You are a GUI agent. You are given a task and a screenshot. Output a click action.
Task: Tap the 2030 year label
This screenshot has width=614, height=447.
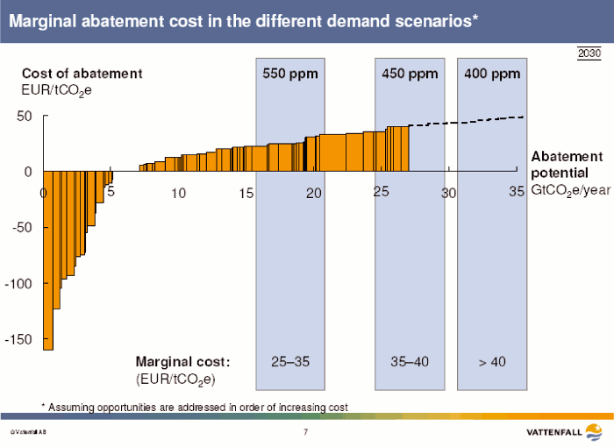tap(589, 54)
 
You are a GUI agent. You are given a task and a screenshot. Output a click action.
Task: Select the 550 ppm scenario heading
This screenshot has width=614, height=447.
tap(290, 74)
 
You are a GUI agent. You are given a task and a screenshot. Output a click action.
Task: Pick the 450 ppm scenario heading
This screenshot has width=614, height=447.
tap(410, 74)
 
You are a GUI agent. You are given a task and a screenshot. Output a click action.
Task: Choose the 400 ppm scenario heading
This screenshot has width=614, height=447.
tap(492, 74)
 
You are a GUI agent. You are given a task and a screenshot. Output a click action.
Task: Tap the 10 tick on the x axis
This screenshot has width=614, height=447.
tap(178, 193)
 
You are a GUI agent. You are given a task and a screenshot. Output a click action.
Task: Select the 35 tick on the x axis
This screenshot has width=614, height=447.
tap(517, 191)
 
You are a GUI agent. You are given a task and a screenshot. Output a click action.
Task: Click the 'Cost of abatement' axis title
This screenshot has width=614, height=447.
tap(82, 74)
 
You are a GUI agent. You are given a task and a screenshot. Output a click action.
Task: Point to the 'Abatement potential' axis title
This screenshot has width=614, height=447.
tap(567, 164)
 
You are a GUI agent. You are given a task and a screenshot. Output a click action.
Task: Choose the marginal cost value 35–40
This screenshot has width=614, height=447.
tap(409, 361)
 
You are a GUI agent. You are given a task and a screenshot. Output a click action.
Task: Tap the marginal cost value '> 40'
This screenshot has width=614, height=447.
tap(492, 361)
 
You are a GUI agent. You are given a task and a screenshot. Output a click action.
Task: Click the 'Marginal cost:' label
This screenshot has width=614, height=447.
tap(182, 361)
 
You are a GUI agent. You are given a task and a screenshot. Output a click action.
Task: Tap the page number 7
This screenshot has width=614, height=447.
tap(305, 432)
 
